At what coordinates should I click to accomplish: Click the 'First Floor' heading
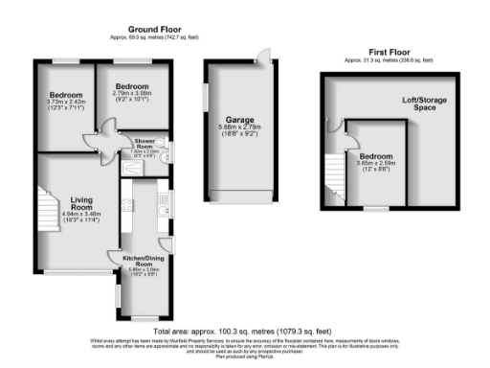pyautogui.click(x=386, y=53)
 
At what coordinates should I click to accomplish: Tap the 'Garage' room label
pyautogui.click(x=239, y=121)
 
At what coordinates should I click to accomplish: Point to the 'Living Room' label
pyautogui.click(x=80, y=205)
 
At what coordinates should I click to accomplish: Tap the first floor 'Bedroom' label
pyautogui.click(x=376, y=155)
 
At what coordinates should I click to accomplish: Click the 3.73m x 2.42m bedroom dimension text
pyautogui.click(x=66, y=108)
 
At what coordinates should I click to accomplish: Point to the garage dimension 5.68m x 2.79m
pyautogui.click(x=239, y=136)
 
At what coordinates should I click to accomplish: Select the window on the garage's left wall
pyautogui.click(x=206, y=99)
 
